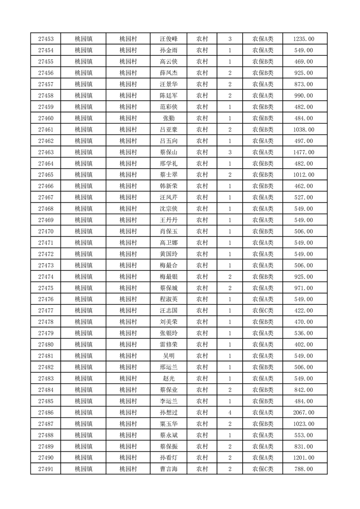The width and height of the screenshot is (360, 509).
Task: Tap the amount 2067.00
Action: [x=303, y=412]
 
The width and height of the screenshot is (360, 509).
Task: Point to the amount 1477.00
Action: [x=303, y=152]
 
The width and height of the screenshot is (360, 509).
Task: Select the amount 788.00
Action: [x=303, y=469]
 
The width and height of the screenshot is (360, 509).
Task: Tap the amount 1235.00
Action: [x=303, y=39]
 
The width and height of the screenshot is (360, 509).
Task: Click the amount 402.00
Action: [x=303, y=344]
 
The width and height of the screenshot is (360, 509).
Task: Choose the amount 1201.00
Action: [x=303, y=458]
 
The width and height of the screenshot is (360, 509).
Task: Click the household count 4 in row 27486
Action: [x=230, y=412]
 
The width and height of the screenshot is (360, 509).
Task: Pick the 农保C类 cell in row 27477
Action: [x=263, y=311]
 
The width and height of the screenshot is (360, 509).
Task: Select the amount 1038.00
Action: [x=303, y=129]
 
